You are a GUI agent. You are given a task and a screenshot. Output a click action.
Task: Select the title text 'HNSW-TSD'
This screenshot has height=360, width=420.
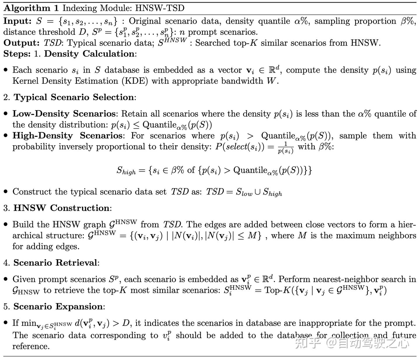[x=160, y=8]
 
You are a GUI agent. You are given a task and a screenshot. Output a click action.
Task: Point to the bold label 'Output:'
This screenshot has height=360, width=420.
[x=21, y=43]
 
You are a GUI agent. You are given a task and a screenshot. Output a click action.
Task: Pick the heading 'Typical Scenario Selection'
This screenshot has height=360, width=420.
[x=74, y=97]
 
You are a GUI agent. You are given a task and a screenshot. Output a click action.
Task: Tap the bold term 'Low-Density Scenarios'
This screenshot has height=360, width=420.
[x=64, y=113]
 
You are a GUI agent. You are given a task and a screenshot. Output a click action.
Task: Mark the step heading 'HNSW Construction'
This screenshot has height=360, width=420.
[x=62, y=208]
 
